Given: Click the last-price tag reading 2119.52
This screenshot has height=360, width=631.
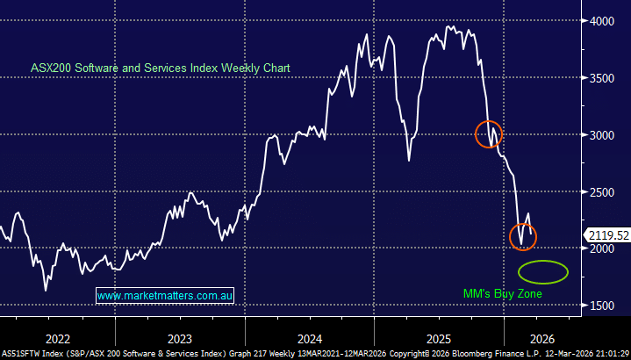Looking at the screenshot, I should click(607, 234).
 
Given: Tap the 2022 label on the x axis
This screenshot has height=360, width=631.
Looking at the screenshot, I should click(58, 338).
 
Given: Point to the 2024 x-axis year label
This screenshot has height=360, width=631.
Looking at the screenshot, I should click(309, 338).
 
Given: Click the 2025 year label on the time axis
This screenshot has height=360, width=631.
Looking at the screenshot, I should click(439, 338).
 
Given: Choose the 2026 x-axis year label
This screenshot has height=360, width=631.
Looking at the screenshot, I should click(541, 338).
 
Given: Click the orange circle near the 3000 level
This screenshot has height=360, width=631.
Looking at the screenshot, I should click(489, 133).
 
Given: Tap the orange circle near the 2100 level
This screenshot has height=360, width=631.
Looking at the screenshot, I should click(522, 236).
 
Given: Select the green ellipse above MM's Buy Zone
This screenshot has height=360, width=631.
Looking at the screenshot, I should click(543, 271).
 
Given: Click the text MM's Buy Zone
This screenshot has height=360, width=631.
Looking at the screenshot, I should click(503, 293).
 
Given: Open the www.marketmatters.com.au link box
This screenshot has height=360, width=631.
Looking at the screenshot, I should click(163, 297).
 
